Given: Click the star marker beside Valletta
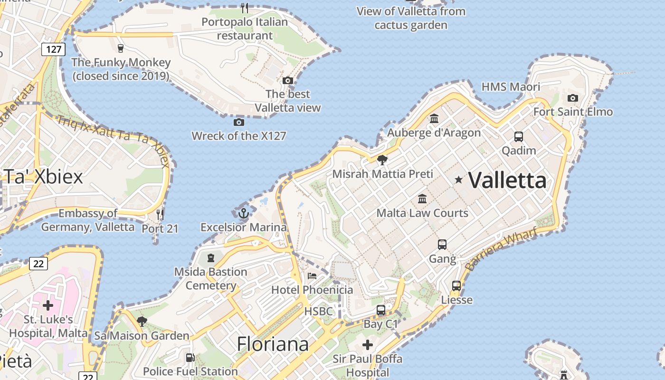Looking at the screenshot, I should pyautogui.click(x=458, y=180).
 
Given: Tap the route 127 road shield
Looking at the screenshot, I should pyautogui.click(x=53, y=49).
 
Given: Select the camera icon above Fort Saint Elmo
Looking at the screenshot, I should pyautogui.click(x=573, y=98).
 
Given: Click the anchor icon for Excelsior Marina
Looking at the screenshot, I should pyautogui.click(x=243, y=213).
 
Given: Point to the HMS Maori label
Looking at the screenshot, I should pyautogui.click(x=511, y=87).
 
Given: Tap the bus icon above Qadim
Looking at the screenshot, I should pyautogui.click(x=519, y=137).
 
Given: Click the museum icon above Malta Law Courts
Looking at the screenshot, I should pyautogui.click(x=422, y=199).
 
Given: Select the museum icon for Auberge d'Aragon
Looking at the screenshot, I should pyautogui.click(x=434, y=118).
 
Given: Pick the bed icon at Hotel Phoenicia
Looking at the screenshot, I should pyautogui.click(x=312, y=275).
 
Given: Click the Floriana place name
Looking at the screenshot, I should pyautogui.click(x=273, y=344).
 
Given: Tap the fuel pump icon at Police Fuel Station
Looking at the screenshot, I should pyautogui.click(x=190, y=358).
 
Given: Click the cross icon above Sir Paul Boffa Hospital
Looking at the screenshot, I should pyautogui.click(x=368, y=344).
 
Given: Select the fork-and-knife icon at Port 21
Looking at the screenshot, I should pyautogui.click(x=160, y=214).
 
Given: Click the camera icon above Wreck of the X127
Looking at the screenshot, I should pyautogui.click(x=239, y=122).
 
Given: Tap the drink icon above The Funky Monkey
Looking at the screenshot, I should pyautogui.click(x=120, y=48).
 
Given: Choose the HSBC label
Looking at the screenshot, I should pyautogui.click(x=319, y=312).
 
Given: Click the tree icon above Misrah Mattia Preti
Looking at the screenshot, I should pyautogui.click(x=382, y=160).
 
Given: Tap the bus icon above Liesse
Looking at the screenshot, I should pyautogui.click(x=456, y=285).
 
